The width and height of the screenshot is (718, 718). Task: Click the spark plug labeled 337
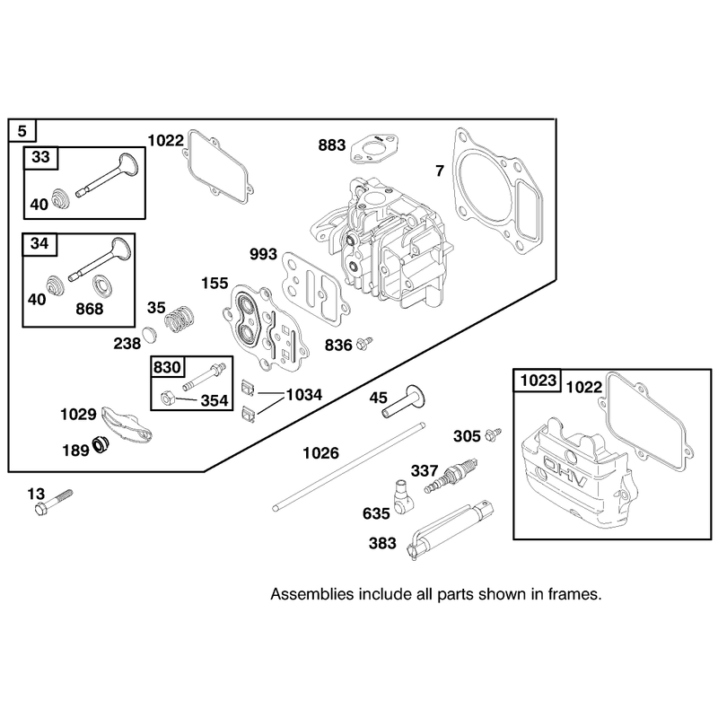451,475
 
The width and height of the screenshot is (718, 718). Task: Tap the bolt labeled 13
54,502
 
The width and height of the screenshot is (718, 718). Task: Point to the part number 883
331,145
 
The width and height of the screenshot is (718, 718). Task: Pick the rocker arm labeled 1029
127,424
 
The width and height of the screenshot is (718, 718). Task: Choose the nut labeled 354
168,398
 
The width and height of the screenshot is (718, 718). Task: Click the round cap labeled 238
149,334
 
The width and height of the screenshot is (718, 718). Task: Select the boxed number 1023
538,380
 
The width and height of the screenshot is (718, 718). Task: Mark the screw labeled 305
493,433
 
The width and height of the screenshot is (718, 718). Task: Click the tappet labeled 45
403,401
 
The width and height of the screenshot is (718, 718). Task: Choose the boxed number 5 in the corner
22,131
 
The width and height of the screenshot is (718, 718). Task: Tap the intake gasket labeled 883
374,148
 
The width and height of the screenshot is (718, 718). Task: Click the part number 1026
320,453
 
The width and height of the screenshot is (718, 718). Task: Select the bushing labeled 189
100,444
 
